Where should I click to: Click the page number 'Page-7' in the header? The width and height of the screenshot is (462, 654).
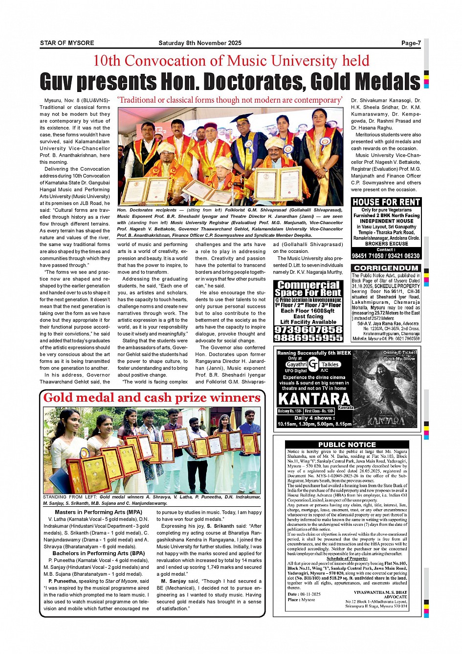411,43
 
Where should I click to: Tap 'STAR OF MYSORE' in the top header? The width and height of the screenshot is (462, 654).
67,43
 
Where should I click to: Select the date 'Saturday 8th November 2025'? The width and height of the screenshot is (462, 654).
200,43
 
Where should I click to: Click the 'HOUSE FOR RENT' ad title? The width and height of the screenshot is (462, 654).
386,202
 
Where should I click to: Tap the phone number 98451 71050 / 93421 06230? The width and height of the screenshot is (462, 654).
386,256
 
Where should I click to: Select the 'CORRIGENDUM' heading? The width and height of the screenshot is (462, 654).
386,268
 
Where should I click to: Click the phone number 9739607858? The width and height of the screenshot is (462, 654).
308,330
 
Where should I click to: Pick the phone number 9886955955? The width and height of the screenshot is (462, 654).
308,338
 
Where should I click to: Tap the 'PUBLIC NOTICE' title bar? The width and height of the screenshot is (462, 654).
347,445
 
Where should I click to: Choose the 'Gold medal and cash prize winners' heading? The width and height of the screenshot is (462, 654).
152,398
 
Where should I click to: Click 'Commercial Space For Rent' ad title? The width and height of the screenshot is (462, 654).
308,289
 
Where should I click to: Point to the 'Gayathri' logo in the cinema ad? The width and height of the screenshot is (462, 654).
297,364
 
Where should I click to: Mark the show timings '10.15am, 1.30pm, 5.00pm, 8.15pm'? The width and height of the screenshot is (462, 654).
314,424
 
